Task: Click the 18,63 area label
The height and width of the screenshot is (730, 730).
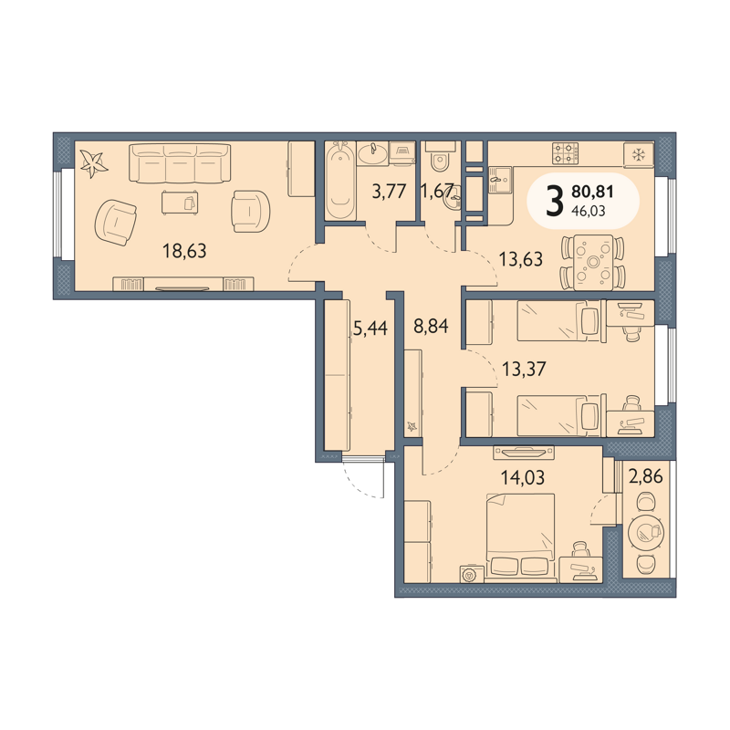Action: (184, 251)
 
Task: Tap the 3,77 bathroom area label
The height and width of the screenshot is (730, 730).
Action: (390, 192)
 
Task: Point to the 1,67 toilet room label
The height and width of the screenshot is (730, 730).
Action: (437, 191)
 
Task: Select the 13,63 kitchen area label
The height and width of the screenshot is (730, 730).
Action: (520, 259)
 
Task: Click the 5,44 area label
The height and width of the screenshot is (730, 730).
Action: (370, 328)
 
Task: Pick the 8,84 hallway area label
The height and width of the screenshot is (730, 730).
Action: (431, 326)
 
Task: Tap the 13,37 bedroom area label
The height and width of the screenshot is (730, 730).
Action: (524, 370)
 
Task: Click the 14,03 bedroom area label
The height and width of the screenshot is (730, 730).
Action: (522, 477)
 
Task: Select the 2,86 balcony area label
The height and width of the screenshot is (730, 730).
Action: (646, 476)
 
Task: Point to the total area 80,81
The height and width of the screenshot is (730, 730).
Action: (592, 192)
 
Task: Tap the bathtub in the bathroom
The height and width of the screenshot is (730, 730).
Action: (340, 181)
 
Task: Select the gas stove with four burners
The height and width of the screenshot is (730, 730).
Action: (566, 153)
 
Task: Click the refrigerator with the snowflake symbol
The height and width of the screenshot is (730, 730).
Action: (639, 154)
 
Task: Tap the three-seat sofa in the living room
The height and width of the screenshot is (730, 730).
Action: (180, 163)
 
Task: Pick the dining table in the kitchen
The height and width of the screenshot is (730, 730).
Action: (592, 263)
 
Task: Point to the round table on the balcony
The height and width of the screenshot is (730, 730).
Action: (645, 534)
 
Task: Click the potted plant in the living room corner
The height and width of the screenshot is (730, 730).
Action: (94, 163)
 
